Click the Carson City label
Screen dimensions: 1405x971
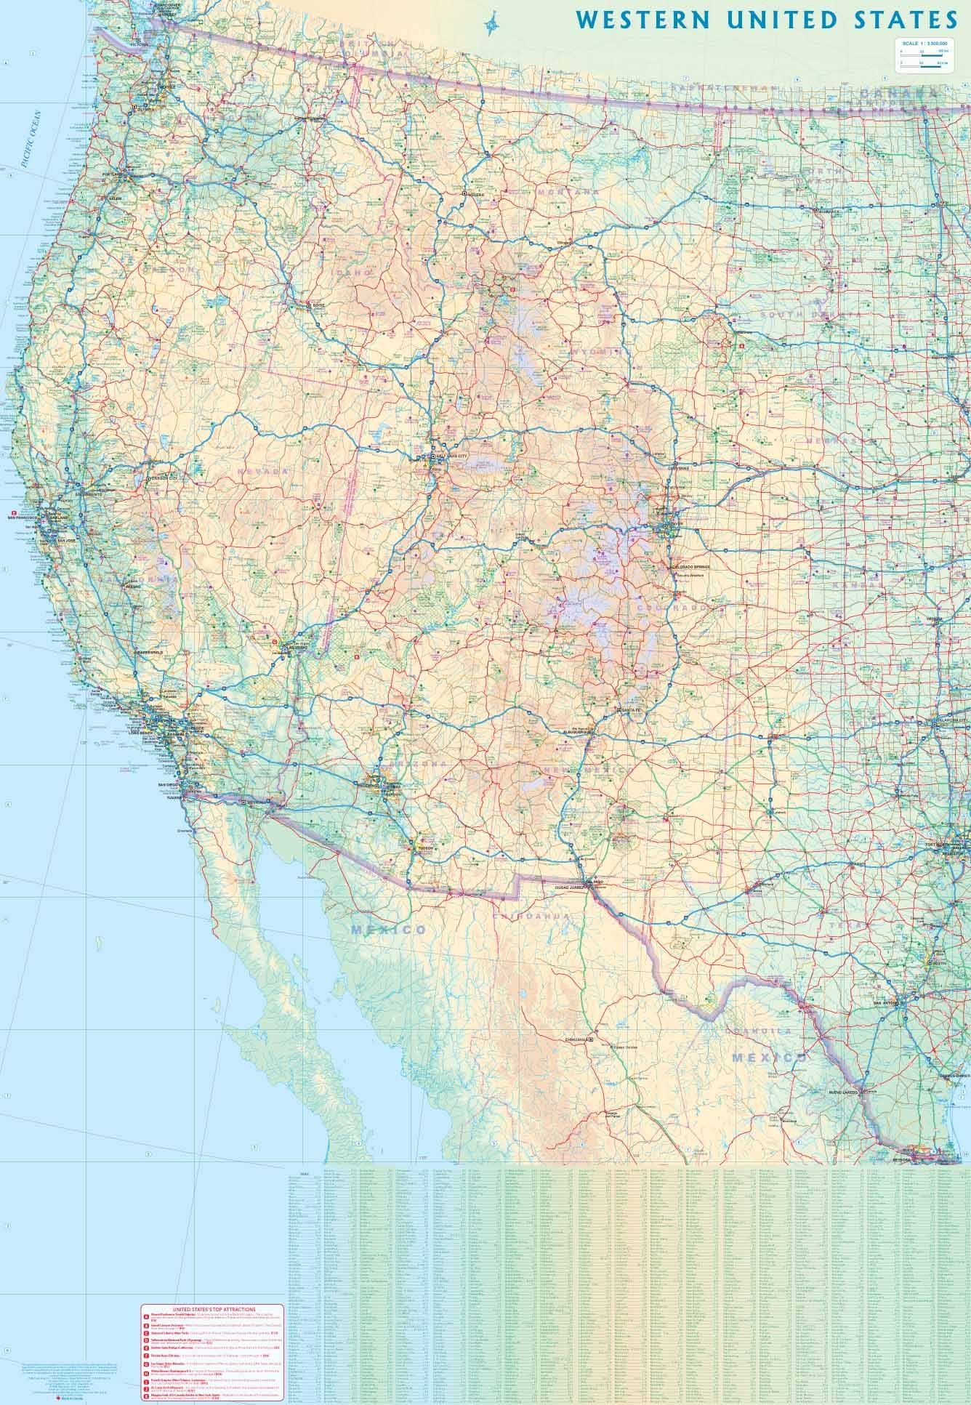(164, 479)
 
